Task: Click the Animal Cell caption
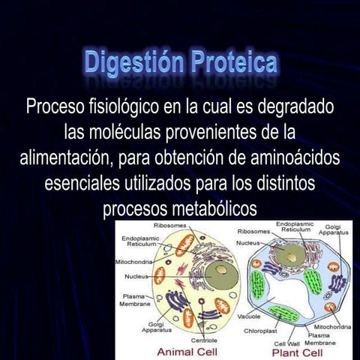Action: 181,352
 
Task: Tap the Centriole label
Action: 203,340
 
